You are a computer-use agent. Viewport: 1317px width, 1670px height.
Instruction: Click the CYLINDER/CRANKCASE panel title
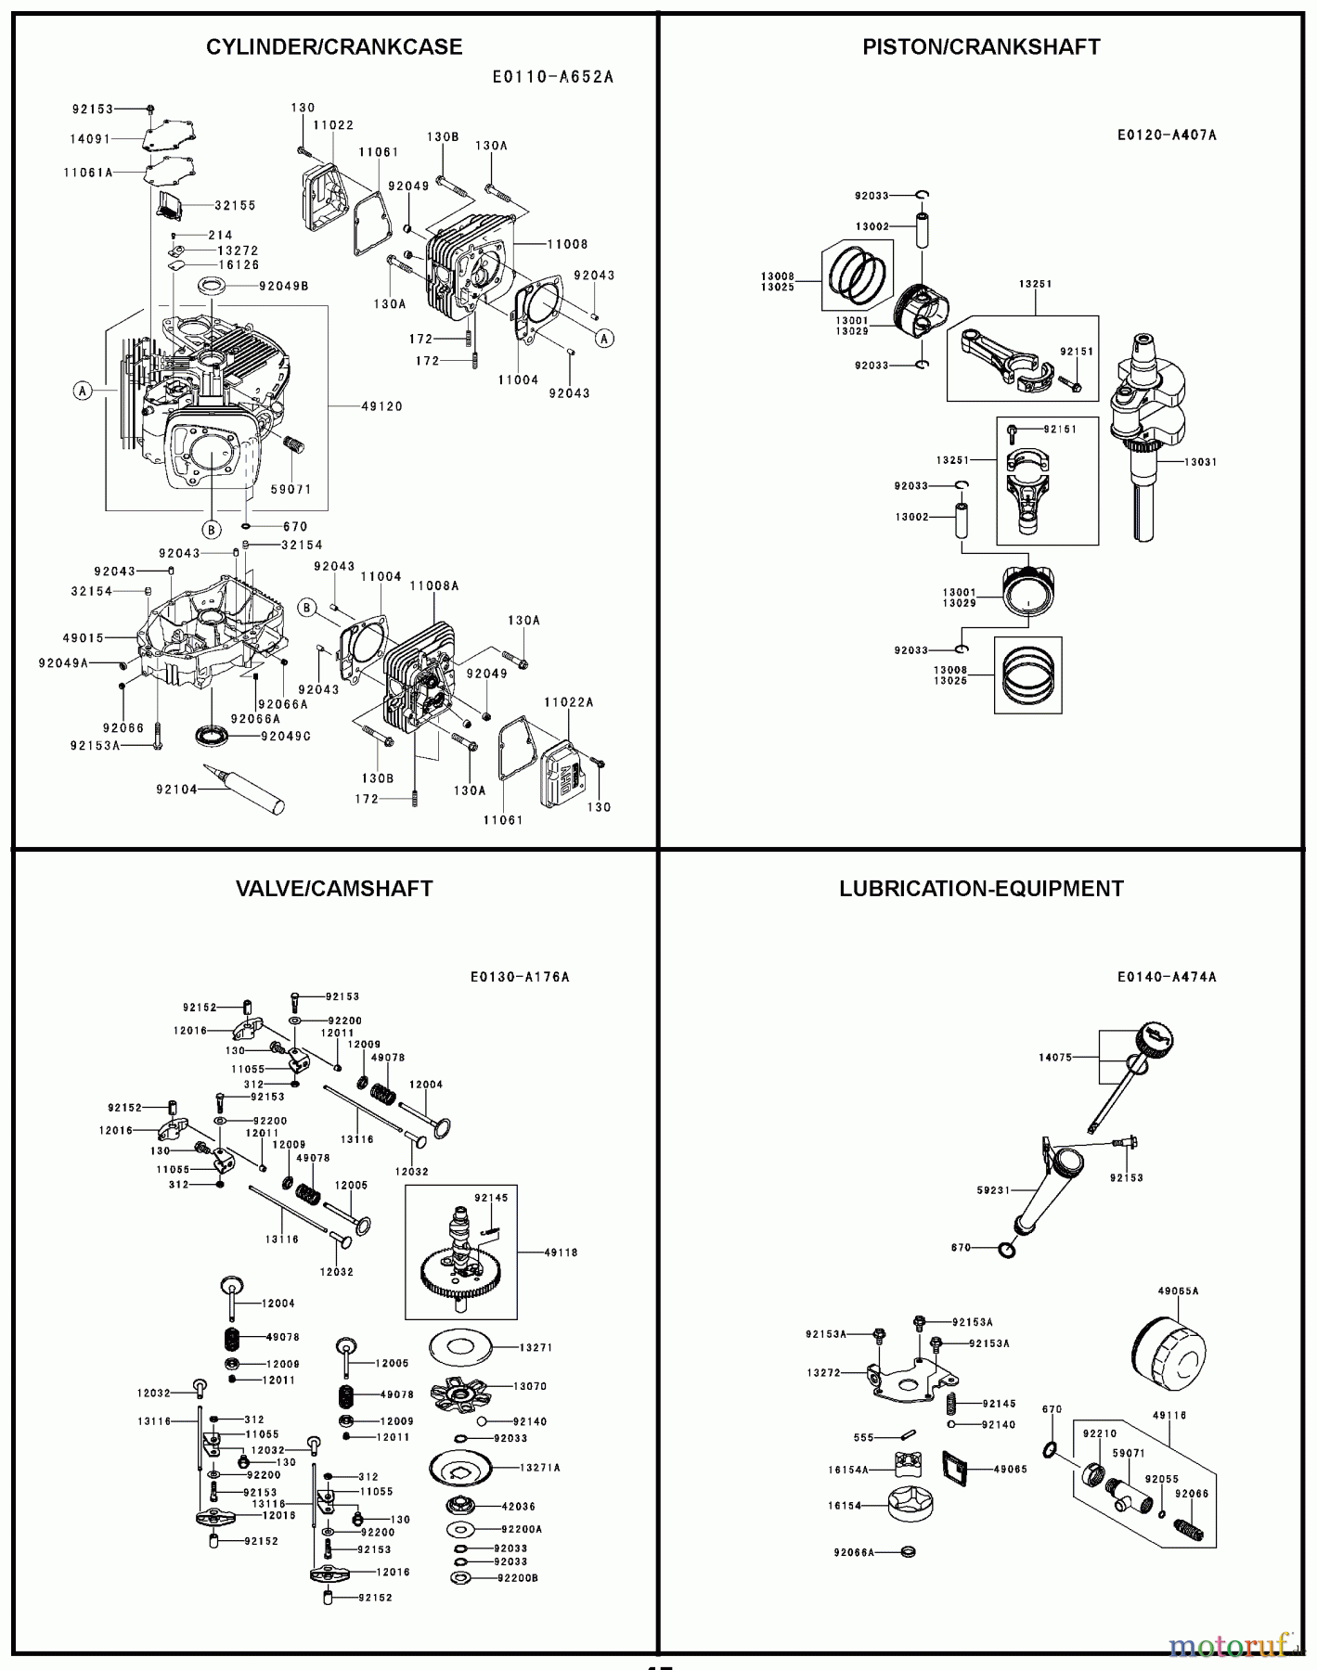pyautogui.click(x=334, y=47)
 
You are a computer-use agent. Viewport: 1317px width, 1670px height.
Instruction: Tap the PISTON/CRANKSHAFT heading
pyautogui.click(x=981, y=47)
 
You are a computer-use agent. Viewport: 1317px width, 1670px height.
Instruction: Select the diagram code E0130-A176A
pyautogui.click(x=520, y=977)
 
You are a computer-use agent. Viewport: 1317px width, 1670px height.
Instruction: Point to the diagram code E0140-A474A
pyautogui.click(x=1167, y=977)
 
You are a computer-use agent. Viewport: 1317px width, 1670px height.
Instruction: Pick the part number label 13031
pyautogui.click(x=1202, y=462)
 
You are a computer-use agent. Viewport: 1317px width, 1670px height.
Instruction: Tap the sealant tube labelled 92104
pyautogui.click(x=251, y=790)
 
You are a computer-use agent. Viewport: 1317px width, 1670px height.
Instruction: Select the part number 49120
pyautogui.click(x=381, y=406)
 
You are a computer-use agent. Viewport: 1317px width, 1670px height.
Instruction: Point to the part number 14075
pyautogui.click(x=1055, y=1057)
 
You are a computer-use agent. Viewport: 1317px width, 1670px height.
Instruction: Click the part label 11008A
pyautogui.click(x=434, y=586)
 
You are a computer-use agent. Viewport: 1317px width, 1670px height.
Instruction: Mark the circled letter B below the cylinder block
pyautogui.click(x=212, y=530)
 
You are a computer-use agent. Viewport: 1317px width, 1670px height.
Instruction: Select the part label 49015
pyautogui.click(x=84, y=638)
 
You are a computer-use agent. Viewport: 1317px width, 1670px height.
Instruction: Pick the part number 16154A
pyautogui.click(x=848, y=1470)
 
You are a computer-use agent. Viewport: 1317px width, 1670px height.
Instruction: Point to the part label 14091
pyautogui.click(x=90, y=139)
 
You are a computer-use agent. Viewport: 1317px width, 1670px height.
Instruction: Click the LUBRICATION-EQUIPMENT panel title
pyautogui.click(x=981, y=889)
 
